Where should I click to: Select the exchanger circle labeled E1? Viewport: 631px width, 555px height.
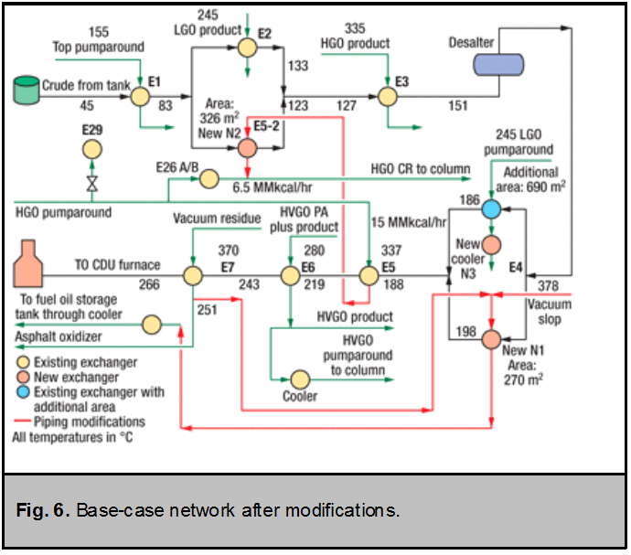coord(139,94)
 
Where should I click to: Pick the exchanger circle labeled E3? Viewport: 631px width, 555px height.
coord(387,94)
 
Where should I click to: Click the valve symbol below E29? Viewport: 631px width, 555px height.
coord(91,183)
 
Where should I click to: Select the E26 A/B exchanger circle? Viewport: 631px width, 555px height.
coord(209,176)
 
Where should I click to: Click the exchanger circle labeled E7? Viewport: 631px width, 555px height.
coord(193,275)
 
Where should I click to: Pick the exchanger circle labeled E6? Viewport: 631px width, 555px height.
coord(289,275)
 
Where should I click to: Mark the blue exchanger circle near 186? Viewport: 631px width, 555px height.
coord(491,209)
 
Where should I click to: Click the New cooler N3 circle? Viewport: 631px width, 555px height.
coord(491,245)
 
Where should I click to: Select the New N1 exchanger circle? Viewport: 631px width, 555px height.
coord(491,339)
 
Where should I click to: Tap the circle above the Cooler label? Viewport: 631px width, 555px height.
coord(299,378)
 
